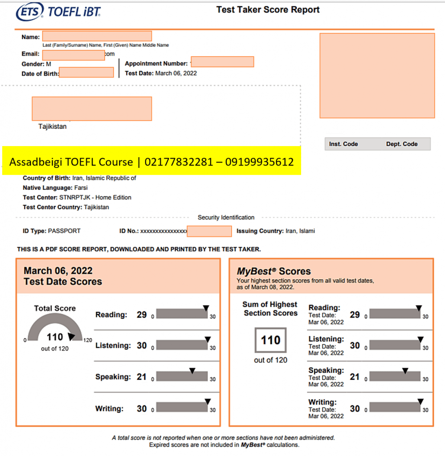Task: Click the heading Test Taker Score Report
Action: tap(268, 9)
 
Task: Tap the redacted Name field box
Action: tap(97, 36)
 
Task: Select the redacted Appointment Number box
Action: tap(222, 62)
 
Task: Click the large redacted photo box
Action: tap(377, 75)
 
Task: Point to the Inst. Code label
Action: tap(343, 144)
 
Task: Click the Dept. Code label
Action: tap(402, 144)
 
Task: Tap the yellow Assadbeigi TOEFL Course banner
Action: tap(151, 161)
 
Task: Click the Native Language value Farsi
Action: tap(81, 187)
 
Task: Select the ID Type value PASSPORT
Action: tap(64, 231)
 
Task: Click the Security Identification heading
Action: tap(226, 217)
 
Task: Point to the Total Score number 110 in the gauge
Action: tap(55, 338)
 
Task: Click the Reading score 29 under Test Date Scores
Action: tap(142, 314)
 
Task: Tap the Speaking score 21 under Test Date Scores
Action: tap(142, 377)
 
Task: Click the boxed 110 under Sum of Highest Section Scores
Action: tap(270, 340)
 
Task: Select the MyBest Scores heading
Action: tap(274, 271)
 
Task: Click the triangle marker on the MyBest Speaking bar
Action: tap(405, 371)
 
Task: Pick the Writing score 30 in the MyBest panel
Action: tap(355, 408)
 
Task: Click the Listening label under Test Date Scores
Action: tap(113, 346)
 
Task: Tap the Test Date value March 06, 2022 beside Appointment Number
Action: tap(176, 73)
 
